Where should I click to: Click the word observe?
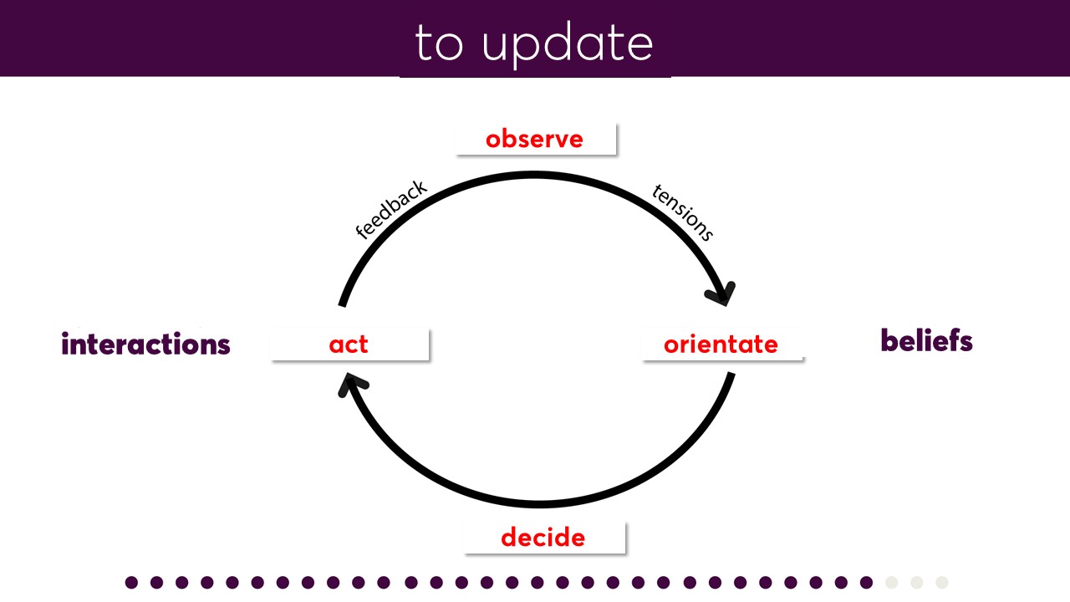(x=534, y=140)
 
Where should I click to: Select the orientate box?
(x=722, y=344)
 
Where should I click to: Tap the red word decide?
(x=543, y=538)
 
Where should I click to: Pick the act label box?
(x=349, y=344)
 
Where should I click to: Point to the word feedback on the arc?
(x=391, y=209)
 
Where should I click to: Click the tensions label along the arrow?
(x=683, y=212)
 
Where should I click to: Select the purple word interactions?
(x=145, y=344)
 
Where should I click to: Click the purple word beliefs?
(x=926, y=340)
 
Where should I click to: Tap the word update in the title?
(x=568, y=44)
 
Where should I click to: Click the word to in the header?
(x=439, y=43)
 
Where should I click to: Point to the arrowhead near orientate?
(x=721, y=293)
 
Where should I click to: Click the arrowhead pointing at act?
(x=352, y=384)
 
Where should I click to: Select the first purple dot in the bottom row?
(x=131, y=583)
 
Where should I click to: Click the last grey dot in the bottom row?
(x=941, y=583)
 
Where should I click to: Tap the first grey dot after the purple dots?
(x=891, y=583)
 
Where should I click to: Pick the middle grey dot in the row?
(x=917, y=583)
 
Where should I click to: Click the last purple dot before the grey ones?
(x=866, y=583)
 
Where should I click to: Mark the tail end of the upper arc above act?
(x=342, y=306)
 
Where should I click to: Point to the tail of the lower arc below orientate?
(x=731, y=374)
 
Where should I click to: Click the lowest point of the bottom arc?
(x=539, y=504)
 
